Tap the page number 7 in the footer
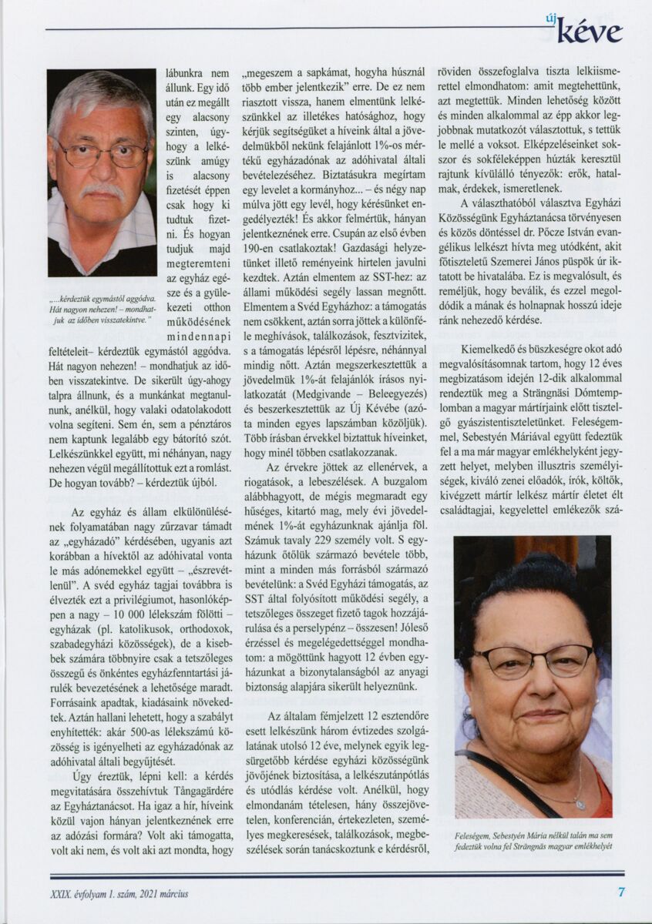click(x=621, y=892)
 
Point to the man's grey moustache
click(x=102, y=189)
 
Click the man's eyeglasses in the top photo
click(x=100, y=154)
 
